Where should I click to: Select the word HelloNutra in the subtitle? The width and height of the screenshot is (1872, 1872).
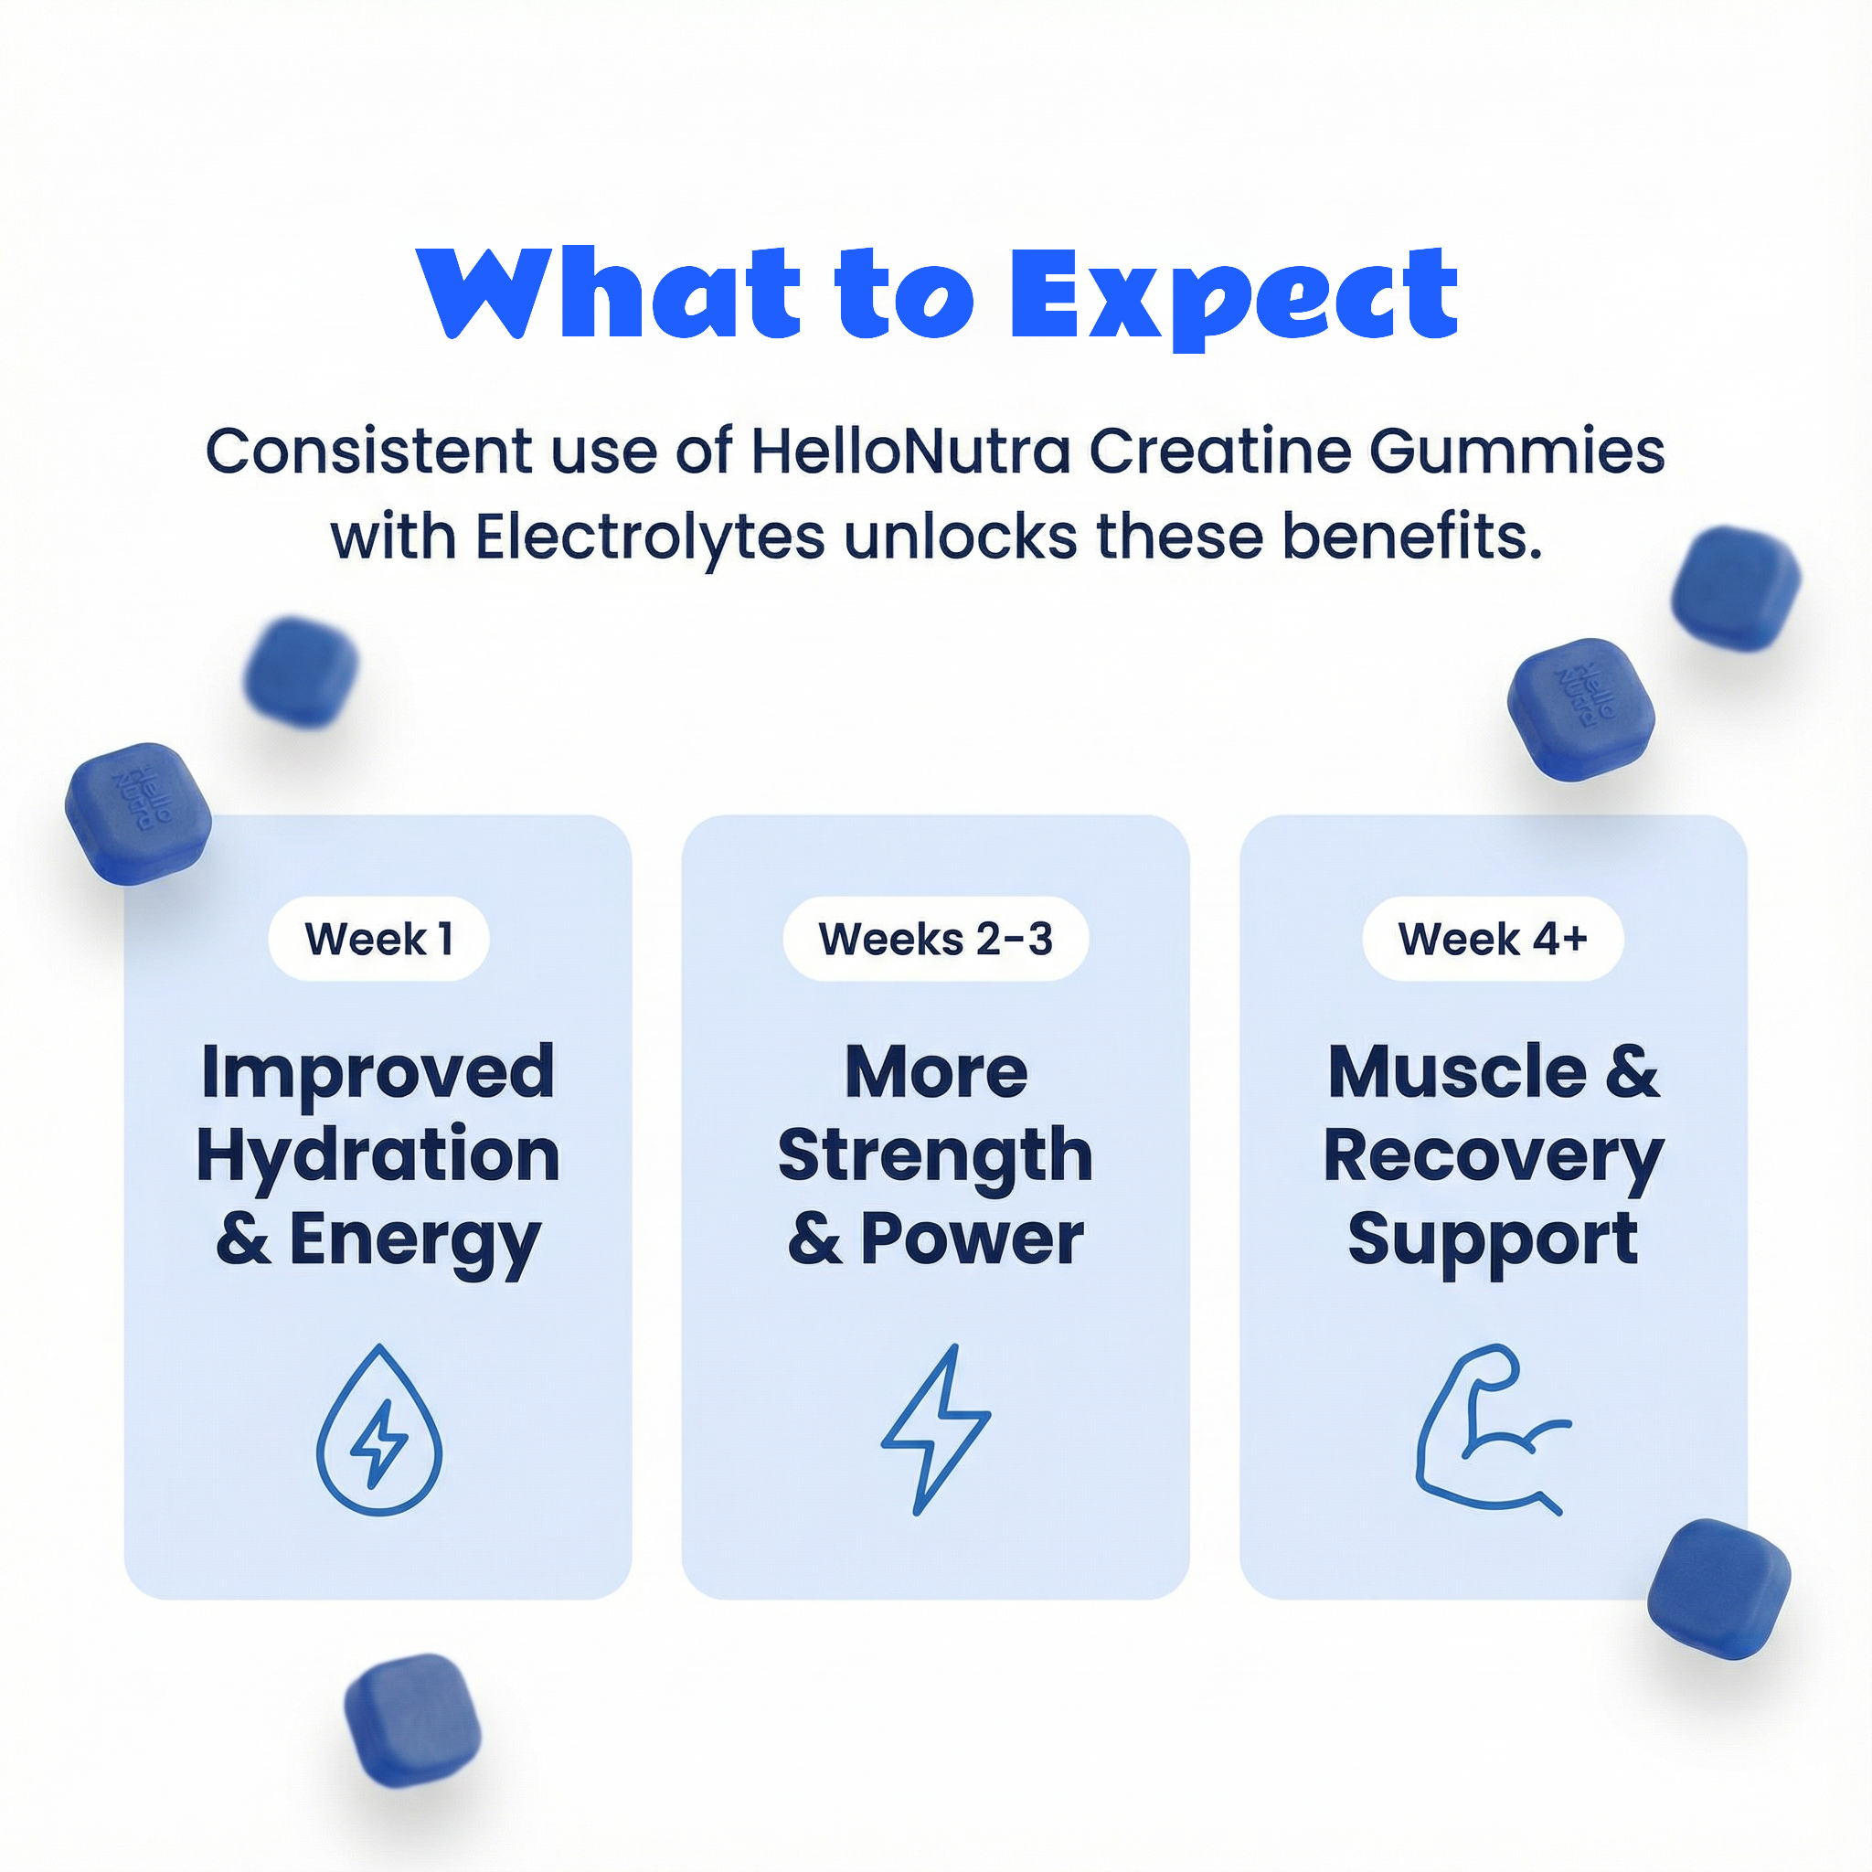pos(910,452)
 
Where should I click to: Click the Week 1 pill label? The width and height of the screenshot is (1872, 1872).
pos(378,939)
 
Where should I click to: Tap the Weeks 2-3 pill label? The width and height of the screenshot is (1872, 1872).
pos(935,939)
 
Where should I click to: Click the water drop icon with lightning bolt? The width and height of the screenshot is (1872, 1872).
pos(378,1431)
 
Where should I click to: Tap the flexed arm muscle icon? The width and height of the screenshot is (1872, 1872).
pos(1488,1431)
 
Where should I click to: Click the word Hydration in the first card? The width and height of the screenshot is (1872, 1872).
pos(378,1155)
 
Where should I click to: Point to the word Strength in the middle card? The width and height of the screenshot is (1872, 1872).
pos(935,1155)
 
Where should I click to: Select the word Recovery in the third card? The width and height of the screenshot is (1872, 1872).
pos(1494,1155)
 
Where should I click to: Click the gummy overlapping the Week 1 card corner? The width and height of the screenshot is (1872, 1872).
pos(139,814)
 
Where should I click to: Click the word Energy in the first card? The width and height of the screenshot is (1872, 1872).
pos(415,1240)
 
